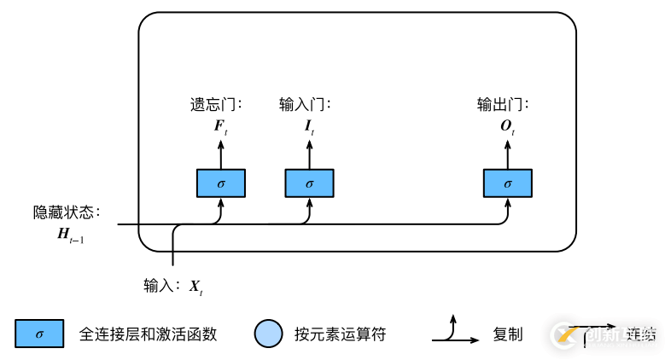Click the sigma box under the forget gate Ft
point(221,183)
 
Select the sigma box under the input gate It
point(309,183)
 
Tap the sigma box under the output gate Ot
point(508,183)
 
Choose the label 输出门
point(503,106)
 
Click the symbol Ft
point(221,128)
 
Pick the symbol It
point(309,128)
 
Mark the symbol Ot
point(508,128)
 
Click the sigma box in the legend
point(38,334)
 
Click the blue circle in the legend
point(268,334)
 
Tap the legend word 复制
point(508,334)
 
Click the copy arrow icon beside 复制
point(456,332)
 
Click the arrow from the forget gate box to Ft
point(221,156)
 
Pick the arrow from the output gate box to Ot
point(508,156)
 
